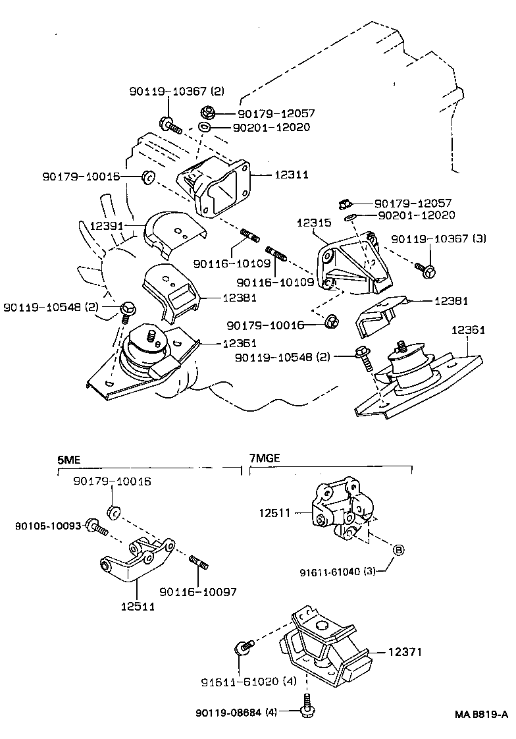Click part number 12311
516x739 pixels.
pos(292,175)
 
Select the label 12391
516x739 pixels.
pos(107,226)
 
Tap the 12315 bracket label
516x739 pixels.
pos(314,223)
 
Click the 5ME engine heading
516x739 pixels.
pos(68,460)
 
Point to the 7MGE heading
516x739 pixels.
pos(265,458)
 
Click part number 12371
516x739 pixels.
pos(405,652)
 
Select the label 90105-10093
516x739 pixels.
pos(49,526)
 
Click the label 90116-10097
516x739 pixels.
pos(197,592)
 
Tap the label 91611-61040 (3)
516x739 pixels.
pos(338,572)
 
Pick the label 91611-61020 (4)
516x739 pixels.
pos(249,682)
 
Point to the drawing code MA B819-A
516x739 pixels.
pos(481,715)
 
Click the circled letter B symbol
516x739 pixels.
pos(398,549)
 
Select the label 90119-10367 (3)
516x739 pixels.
pos(439,239)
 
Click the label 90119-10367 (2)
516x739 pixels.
pos(177,91)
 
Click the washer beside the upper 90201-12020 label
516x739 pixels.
pos(204,126)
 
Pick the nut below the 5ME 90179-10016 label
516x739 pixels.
pos(113,511)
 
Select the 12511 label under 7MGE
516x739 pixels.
pos(274,513)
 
